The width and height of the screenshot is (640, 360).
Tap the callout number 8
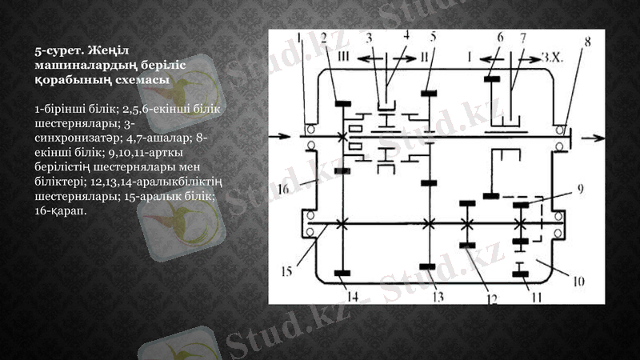pos(587,42)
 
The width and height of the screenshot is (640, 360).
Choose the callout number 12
pos(490,298)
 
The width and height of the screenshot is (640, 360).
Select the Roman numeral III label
pos(344,58)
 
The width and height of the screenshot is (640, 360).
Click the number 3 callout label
pos(369,38)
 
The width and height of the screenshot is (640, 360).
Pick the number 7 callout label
pos(522,37)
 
